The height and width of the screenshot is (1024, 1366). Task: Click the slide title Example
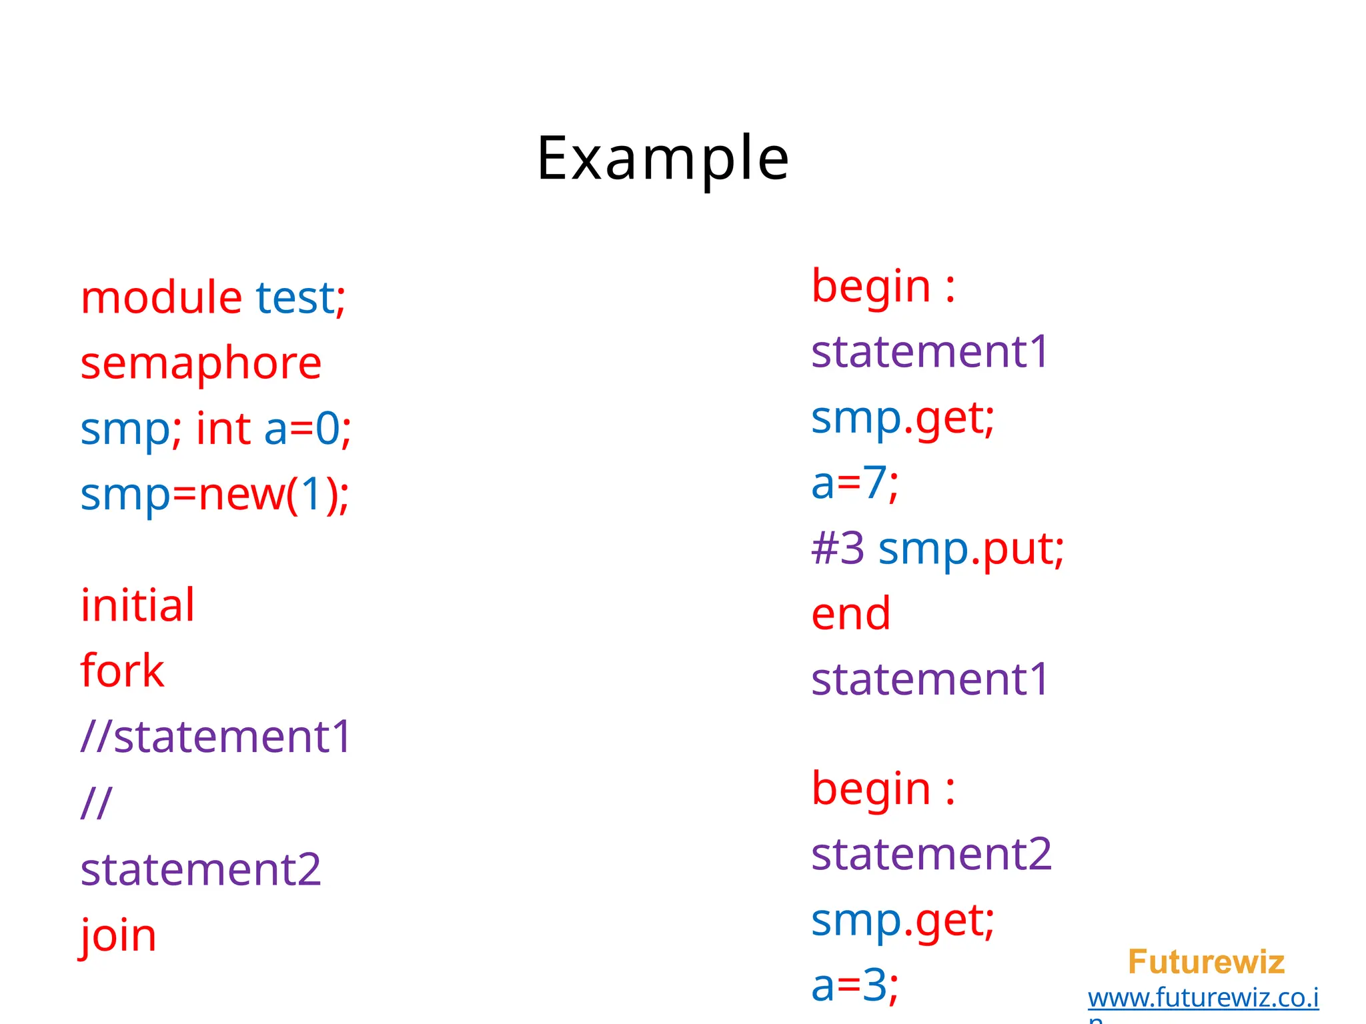662,158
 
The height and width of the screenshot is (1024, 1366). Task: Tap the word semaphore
201,364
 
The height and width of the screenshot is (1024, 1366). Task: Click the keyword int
223,429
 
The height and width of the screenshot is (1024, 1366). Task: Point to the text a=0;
307,429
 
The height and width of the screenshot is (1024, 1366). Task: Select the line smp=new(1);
214,495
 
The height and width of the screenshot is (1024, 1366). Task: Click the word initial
137,605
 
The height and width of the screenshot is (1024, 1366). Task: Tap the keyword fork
122,671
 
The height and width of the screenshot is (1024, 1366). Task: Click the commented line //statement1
215,737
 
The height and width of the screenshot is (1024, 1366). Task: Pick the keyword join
118,935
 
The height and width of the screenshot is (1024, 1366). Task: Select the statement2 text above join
201,869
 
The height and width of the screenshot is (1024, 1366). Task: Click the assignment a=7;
854,483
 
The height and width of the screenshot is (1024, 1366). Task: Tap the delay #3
838,549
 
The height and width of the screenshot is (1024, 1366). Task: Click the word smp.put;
971,549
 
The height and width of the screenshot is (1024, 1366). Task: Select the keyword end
850,613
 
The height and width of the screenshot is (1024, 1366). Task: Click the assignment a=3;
854,985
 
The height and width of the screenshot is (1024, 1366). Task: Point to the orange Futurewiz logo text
1206,962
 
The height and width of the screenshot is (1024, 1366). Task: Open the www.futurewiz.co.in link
1203,998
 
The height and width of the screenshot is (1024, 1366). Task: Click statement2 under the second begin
931,854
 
